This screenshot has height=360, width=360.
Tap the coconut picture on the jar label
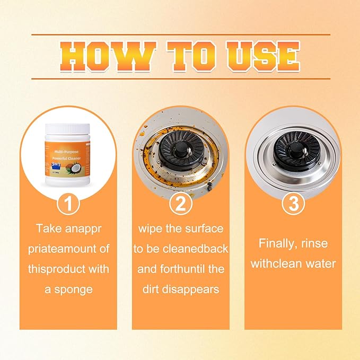pyautogui.click(x=82, y=169)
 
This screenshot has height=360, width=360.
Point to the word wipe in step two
pyautogui.click(x=151, y=228)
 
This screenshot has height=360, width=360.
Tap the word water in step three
pyautogui.click(x=318, y=264)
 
